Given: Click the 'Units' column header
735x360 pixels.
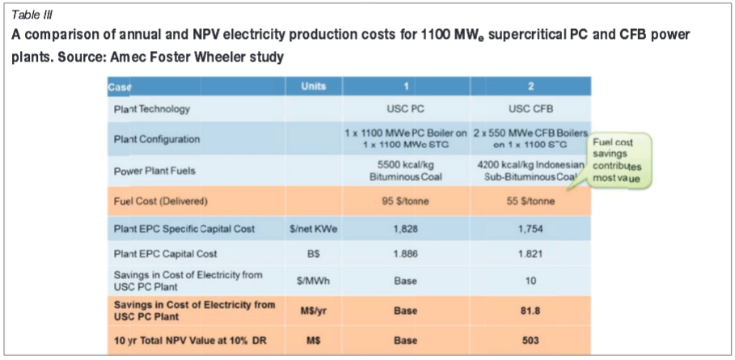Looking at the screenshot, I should pyautogui.click(x=314, y=87).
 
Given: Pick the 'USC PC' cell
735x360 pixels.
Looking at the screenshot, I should pyautogui.click(x=399, y=108).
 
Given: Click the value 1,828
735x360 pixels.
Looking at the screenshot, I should pyautogui.click(x=399, y=230).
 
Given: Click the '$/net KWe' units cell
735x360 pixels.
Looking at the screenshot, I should pyautogui.click(x=314, y=230).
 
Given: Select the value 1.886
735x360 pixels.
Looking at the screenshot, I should pyautogui.click(x=399, y=254).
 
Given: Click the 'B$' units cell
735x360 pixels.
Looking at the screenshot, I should pyautogui.click(x=314, y=254).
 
